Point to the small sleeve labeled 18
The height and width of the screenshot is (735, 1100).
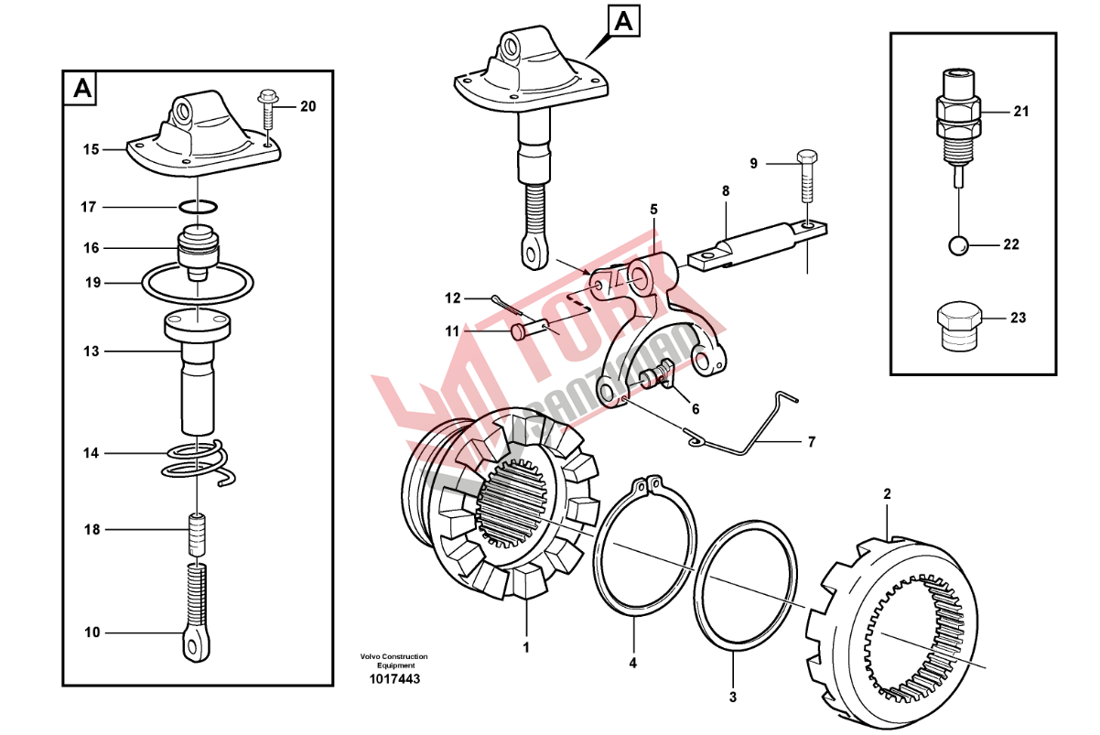[197, 534]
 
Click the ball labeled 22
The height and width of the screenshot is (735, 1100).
[957, 245]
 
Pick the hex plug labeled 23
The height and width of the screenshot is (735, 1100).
[959, 326]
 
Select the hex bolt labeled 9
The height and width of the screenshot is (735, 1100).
[807, 176]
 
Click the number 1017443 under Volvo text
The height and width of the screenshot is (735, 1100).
[394, 679]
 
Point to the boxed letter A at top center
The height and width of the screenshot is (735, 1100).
[623, 21]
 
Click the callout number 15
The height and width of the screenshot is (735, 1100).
[91, 149]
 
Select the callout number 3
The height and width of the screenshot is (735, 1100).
[733, 697]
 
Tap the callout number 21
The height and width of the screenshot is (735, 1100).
[1021, 112]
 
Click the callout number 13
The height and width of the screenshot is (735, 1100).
[91, 351]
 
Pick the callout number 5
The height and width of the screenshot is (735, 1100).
[653, 210]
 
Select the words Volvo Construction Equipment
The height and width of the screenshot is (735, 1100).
[394, 661]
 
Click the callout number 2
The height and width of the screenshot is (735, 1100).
[887, 493]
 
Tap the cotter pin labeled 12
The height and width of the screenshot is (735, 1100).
[508, 307]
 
